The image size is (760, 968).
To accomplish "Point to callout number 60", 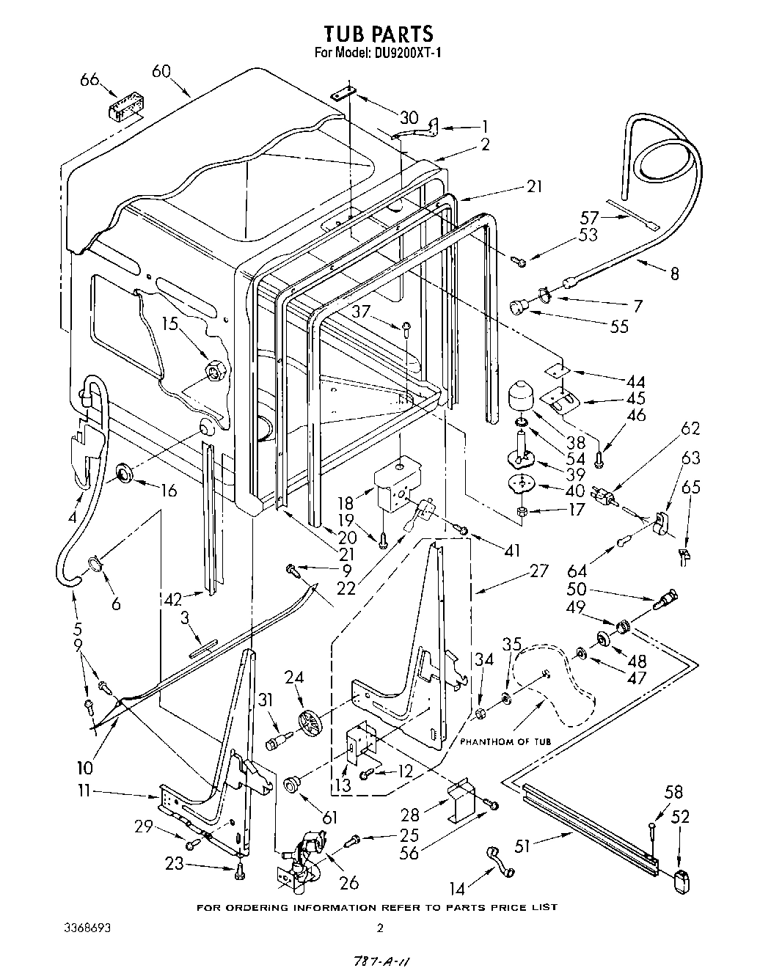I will tap(161, 71).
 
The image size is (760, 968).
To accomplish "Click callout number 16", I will tap(168, 490).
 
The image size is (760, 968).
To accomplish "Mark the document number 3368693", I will tap(87, 928).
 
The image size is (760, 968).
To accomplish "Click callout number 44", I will tap(635, 381).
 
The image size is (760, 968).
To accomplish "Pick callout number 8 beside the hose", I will tap(674, 274).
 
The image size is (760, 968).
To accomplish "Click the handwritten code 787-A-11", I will tap(379, 961).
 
